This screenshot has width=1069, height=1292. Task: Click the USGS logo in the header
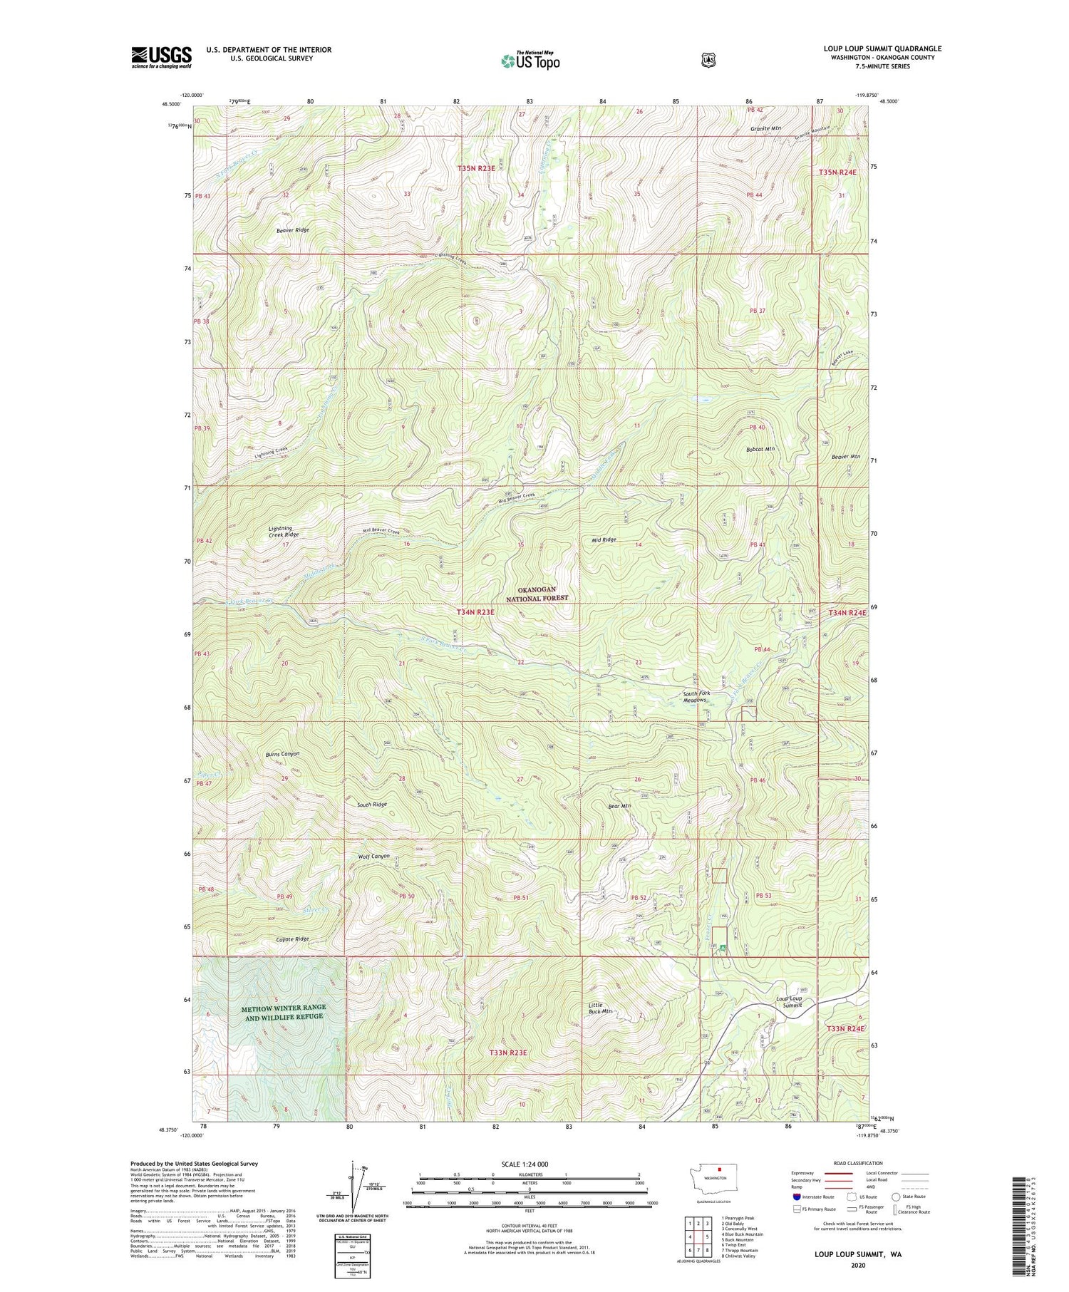162,57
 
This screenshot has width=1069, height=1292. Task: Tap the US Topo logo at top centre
530,61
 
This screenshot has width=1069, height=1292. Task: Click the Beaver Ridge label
293,230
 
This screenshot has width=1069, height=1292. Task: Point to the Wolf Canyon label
373,857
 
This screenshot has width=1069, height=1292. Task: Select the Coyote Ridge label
292,939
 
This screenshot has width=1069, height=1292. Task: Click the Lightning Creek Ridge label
283,532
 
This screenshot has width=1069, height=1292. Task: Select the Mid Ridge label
604,539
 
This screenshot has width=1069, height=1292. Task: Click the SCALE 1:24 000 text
529,1164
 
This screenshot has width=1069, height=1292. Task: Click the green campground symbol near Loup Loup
723,947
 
